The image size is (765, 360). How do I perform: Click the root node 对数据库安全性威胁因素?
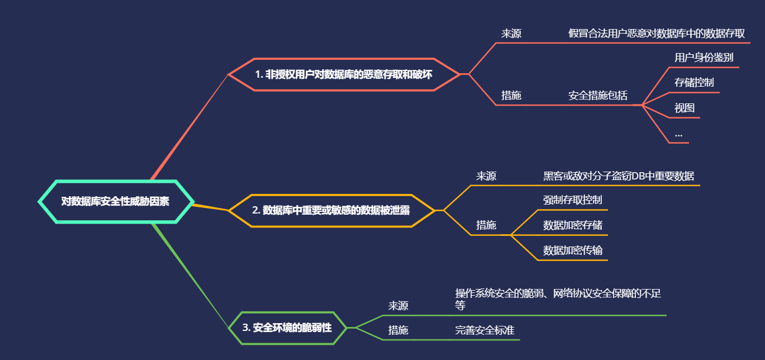click(116, 201)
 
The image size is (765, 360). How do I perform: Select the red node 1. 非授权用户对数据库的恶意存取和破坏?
click(343, 74)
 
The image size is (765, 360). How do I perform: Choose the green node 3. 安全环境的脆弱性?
click(287, 328)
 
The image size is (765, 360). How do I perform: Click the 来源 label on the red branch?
click(511, 34)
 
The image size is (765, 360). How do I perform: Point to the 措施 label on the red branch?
click(511, 96)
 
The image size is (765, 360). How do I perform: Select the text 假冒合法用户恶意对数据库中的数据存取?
click(657, 34)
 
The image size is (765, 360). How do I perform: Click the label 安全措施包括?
click(598, 96)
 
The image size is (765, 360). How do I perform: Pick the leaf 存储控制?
click(694, 83)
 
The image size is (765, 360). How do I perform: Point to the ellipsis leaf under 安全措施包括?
click(678, 134)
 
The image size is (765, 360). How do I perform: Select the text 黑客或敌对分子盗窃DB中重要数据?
click(619, 176)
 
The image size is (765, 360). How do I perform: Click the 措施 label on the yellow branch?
click(486, 225)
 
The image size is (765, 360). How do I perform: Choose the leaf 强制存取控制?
click(572, 200)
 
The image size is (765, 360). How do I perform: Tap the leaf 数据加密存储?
click(572, 225)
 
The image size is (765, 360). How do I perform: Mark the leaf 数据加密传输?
click(572, 250)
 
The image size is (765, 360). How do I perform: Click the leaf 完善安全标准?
click(484, 330)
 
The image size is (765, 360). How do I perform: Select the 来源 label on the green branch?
click(398, 306)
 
